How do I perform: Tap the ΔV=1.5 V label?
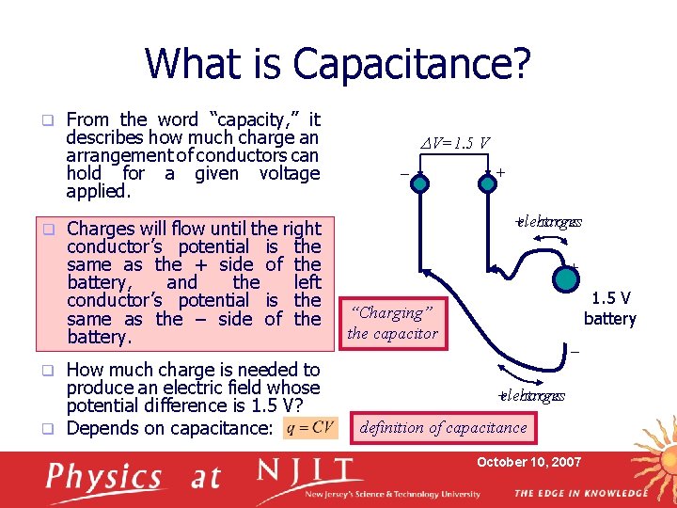pyautogui.click(x=455, y=143)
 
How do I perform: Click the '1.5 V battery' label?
pyautogui.click(x=609, y=309)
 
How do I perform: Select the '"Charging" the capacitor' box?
pyautogui.click(x=393, y=323)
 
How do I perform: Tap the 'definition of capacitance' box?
pyautogui.click(x=444, y=428)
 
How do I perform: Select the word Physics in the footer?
pyautogui.click(x=104, y=478)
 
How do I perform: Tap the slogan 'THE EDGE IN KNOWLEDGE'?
pyautogui.click(x=581, y=493)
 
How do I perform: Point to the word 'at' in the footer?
pyautogui.click(x=204, y=478)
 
